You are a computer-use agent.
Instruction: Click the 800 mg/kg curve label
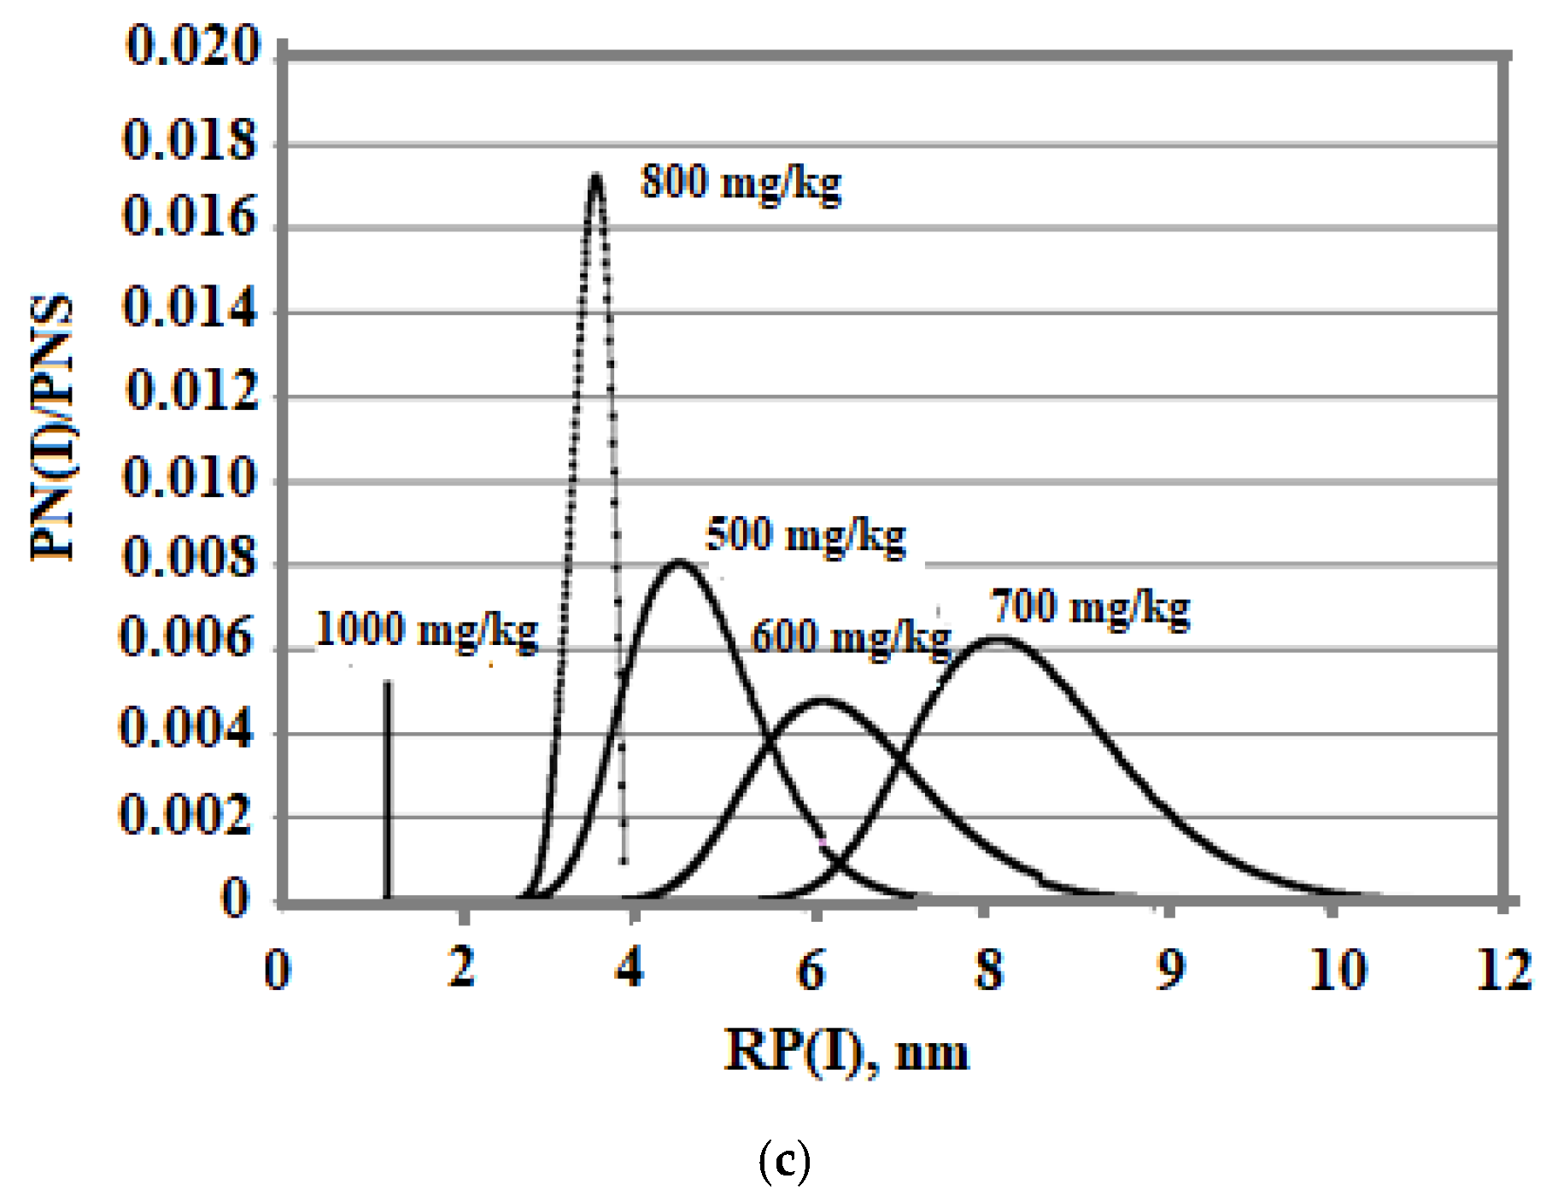pyautogui.click(x=741, y=182)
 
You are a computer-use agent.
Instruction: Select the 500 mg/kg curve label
pyautogui.click(x=805, y=536)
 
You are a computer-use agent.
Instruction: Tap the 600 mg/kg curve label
pyautogui.click(x=851, y=638)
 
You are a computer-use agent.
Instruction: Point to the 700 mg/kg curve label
pyautogui.click(x=1090, y=608)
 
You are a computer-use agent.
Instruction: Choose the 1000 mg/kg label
pyautogui.click(x=427, y=631)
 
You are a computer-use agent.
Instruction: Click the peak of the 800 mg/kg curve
pyautogui.click(x=595, y=177)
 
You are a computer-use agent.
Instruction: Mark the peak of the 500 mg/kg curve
pyautogui.click(x=679, y=562)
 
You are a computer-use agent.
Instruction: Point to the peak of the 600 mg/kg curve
pyautogui.click(x=820, y=701)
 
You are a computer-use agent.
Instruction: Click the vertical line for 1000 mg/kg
pyautogui.click(x=387, y=786)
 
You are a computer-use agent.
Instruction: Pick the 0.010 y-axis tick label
pyautogui.click(x=190, y=478)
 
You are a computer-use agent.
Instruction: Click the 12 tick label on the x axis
pyautogui.click(x=1504, y=970)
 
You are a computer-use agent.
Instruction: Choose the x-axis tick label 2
pyautogui.click(x=461, y=969)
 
